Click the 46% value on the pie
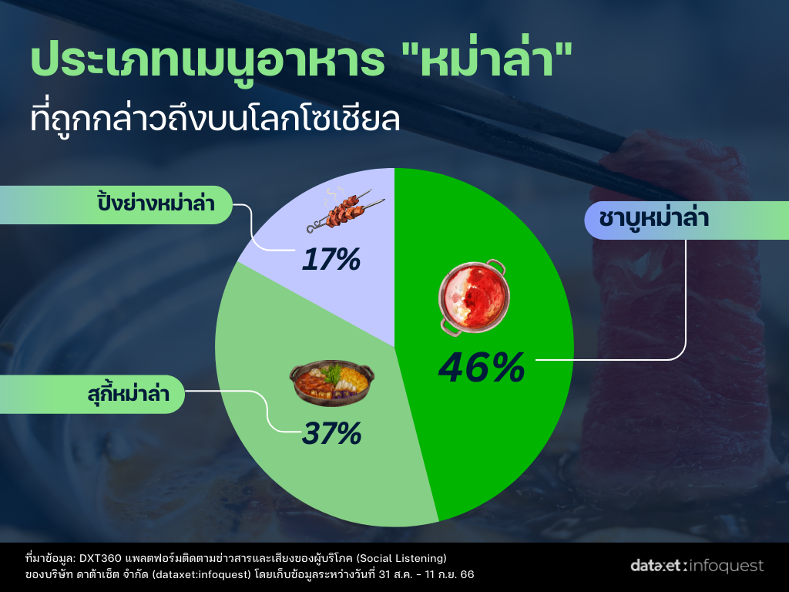tap(482, 368)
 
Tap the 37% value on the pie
tap(331, 433)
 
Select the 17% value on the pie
tap(331, 259)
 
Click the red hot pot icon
tap(472, 297)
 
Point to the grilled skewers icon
tap(346, 210)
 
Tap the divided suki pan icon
tap(331, 382)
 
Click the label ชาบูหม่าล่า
tap(653, 219)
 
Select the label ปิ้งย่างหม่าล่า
tap(156, 203)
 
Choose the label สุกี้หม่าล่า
tap(129, 393)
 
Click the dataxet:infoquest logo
tap(697, 565)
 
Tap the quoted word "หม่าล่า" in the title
tap(488, 59)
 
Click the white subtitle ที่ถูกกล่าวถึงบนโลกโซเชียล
tap(216, 119)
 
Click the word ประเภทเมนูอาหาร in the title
tap(207, 62)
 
